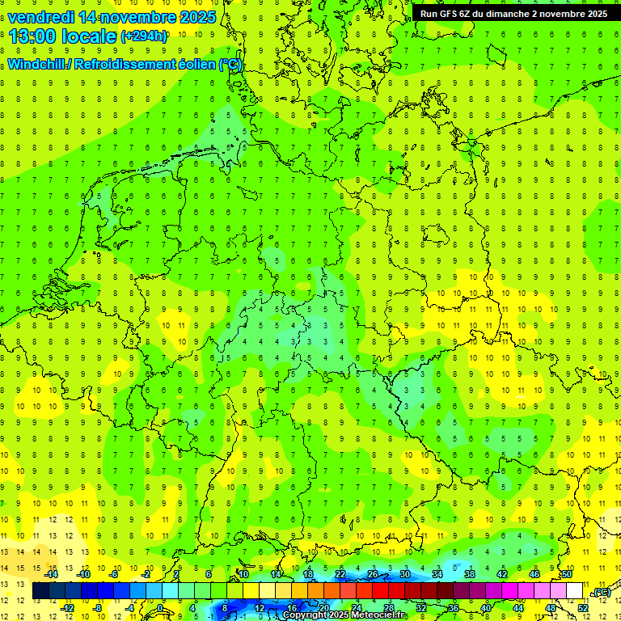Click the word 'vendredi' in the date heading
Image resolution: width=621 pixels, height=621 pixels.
pyautogui.click(x=41, y=17)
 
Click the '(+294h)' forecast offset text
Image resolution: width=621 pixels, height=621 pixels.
pyautogui.click(x=145, y=36)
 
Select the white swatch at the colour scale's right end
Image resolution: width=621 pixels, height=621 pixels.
pyautogui.click(x=575, y=591)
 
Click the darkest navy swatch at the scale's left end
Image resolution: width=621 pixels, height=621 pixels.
pyautogui.click(x=40, y=591)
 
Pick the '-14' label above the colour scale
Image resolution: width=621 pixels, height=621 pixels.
pyautogui.click(x=52, y=574)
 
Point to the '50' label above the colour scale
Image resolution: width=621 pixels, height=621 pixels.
pyautogui.click(x=567, y=574)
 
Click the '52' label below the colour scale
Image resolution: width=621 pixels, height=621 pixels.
pyautogui.click(x=582, y=608)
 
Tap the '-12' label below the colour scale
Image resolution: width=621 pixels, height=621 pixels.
pyautogui.click(x=68, y=608)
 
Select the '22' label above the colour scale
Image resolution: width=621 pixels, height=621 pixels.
pyautogui.click(x=340, y=574)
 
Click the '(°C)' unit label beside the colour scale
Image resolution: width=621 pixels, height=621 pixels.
pyautogui.click(x=600, y=592)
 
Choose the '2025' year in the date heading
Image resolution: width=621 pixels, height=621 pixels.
pyautogui.click(x=195, y=17)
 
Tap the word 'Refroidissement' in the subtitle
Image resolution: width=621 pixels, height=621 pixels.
pyautogui.click(x=125, y=65)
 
